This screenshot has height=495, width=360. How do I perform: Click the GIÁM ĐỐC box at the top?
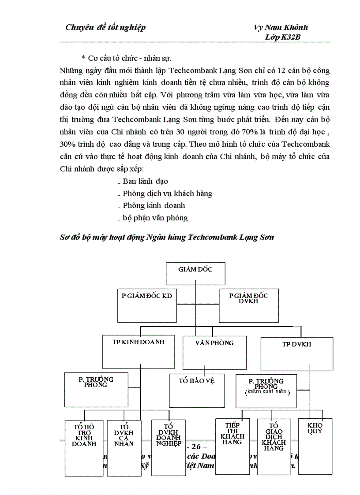pos(195,273)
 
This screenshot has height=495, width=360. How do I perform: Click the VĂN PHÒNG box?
pos(214,352)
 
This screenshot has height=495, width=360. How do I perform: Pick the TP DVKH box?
pos(296,354)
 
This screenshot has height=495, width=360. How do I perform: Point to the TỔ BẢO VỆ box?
pos(197,390)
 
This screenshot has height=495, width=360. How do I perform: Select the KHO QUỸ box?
pos(315,445)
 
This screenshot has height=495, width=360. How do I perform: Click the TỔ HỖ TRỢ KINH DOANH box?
pos(84,447)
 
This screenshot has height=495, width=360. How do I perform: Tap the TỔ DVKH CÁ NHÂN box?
pos(124,447)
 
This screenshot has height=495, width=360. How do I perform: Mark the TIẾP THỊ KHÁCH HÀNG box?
pos(232,445)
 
